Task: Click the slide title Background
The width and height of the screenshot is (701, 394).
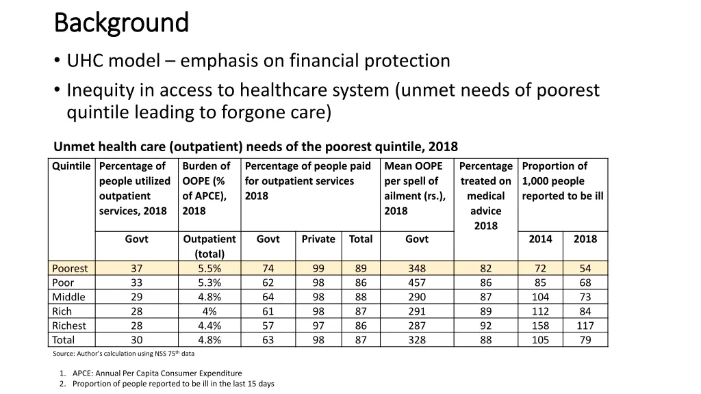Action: (120, 23)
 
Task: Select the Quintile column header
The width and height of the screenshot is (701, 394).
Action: (71, 166)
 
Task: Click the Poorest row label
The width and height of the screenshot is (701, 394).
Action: (70, 269)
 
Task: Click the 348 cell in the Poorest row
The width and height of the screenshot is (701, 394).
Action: (416, 269)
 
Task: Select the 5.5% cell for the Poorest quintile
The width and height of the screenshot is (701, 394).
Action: (209, 269)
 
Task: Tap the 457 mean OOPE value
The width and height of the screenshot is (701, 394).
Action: (416, 283)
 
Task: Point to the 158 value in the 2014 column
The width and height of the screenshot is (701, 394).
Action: (541, 326)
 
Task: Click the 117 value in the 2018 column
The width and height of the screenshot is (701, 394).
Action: (585, 326)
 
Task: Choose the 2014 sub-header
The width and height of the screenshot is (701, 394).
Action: (541, 239)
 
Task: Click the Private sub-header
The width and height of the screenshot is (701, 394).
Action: (318, 239)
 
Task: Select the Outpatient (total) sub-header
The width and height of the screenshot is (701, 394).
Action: (209, 246)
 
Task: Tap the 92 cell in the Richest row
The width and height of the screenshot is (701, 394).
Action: (485, 326)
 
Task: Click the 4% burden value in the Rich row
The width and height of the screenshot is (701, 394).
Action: (209, 311)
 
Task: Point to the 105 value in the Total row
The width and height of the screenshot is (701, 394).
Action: (541, 340)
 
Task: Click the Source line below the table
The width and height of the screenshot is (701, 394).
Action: (123, 354)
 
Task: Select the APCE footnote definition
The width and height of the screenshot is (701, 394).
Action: (157, 373)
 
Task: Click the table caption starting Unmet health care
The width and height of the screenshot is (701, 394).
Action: (255, 147)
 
